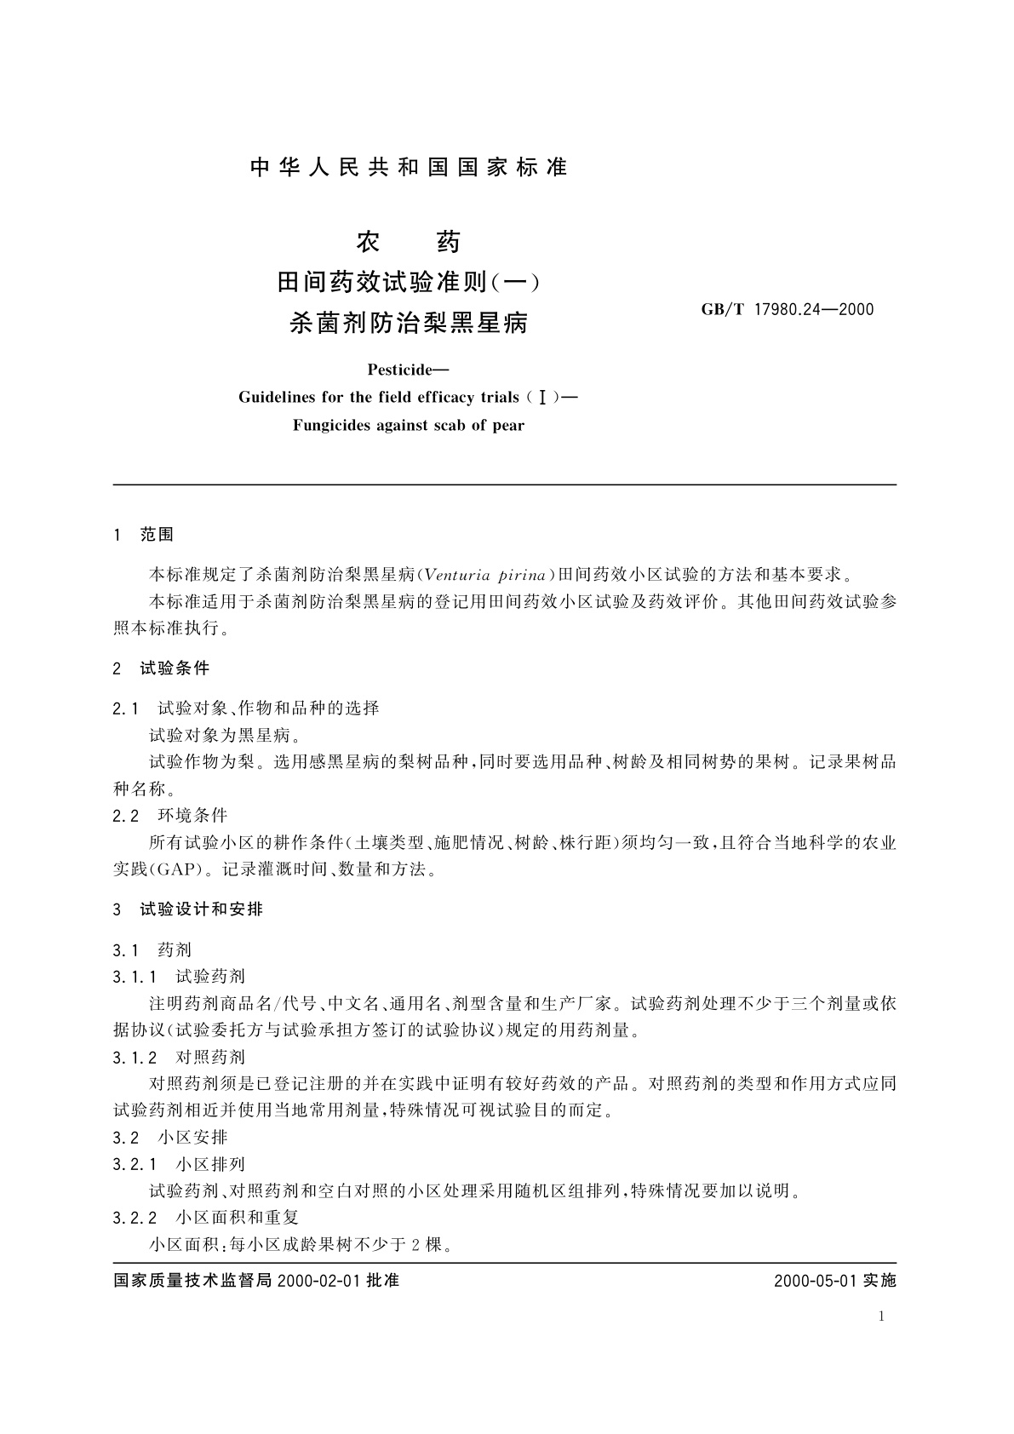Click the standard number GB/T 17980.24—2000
787,310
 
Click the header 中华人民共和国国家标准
409,168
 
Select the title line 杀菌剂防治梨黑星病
409,323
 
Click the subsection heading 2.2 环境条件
169,816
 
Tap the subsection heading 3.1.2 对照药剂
178,1057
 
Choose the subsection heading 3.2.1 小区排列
178,1164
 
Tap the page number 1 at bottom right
881,1316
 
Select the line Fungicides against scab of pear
409,425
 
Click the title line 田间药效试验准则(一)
409,281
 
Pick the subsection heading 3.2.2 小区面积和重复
204,1218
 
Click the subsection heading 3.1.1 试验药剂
178,976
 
